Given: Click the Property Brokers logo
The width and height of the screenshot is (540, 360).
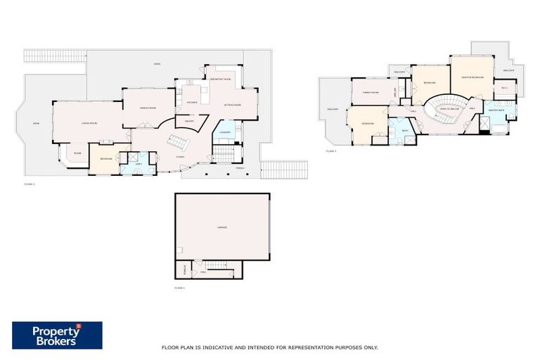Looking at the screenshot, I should (x=57, y=335).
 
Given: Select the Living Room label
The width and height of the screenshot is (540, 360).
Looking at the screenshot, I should (x=89, y=122).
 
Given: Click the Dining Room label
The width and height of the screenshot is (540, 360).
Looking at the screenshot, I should (x=148, y=107).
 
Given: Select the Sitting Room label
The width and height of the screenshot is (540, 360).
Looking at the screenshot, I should (x=233, y=105).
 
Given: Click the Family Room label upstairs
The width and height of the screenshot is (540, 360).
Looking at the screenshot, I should (x=371, y=92).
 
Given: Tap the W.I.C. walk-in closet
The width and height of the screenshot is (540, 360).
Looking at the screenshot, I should (x=503, y=88).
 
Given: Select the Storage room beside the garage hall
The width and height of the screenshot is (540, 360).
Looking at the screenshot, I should (x=185, y=269).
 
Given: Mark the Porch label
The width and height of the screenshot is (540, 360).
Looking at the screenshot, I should (x=240, y=169).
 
